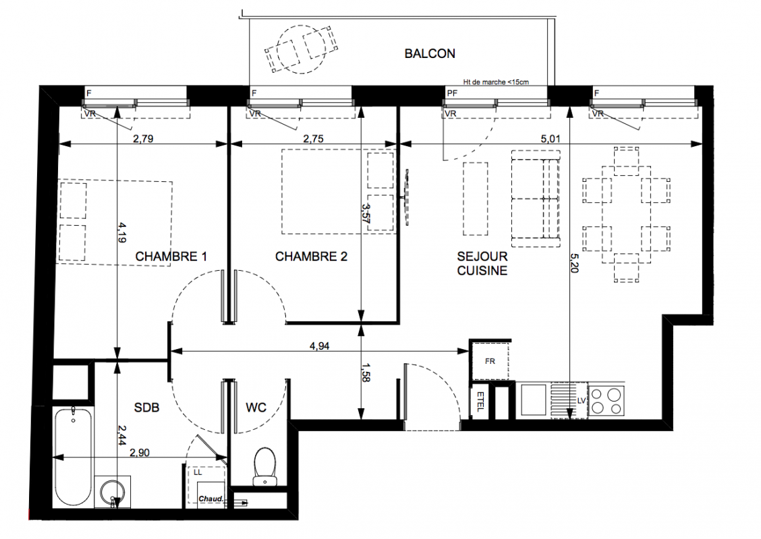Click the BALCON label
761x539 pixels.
[x=430, y=53]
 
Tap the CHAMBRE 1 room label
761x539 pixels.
[x=171, y=257]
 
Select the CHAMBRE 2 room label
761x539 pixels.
[x=311, y=257]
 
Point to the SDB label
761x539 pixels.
[x=146, y=408]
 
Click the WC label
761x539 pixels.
[x=256, y=408]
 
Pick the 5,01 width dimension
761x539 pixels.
[x=551, y=139]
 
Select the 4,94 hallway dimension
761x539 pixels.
[x=319, y=346]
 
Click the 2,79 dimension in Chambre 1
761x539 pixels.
[x=143, y=139]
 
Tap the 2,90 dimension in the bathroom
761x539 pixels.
[x=139, y=453]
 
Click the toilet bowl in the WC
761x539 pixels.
[x=264, y=466]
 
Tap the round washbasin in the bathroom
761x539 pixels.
[x=113, y=492]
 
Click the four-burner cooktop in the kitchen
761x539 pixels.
[x=607, y=401]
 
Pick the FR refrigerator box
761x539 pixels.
[x=490, y=361]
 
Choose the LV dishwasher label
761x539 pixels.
[x=582, y=401]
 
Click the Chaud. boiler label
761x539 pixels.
[x=211, y=499]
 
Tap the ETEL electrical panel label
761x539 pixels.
[x=480, y=402]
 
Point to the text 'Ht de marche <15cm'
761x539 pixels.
[x=496, y=82]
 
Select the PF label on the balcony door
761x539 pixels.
[x=452, y=93]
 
